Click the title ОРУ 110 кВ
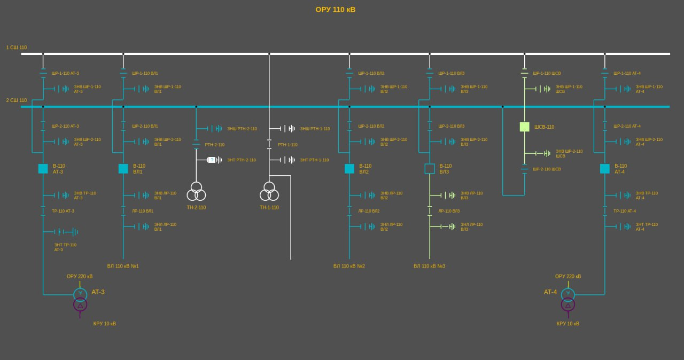tap(335, 10)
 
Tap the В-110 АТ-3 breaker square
tap(43, 169)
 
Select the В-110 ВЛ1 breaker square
tap(123, 169)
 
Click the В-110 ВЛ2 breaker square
tap(349, 169)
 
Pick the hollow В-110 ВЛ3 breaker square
tap(430, 169)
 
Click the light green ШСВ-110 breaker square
tap(524, 127)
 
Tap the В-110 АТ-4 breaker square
tap(605, 169)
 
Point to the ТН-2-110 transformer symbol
tap(196, 191)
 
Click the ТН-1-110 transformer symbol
tap(269, 191)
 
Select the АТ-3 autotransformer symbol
tap(80, 300)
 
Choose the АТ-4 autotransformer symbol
tap(568, 300)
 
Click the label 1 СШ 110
tap(17, 48)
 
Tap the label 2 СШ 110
tap(17, 100)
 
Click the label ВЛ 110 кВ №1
tap(123, 266)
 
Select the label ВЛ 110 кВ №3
tap(429, 266)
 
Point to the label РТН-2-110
tap(215, 145)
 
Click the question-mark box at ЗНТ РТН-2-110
tap(212, 160)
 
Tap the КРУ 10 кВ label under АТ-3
tap(105, 324)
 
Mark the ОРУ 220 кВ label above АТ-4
tap(568, 277)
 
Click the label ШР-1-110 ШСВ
tap(547, 74)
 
